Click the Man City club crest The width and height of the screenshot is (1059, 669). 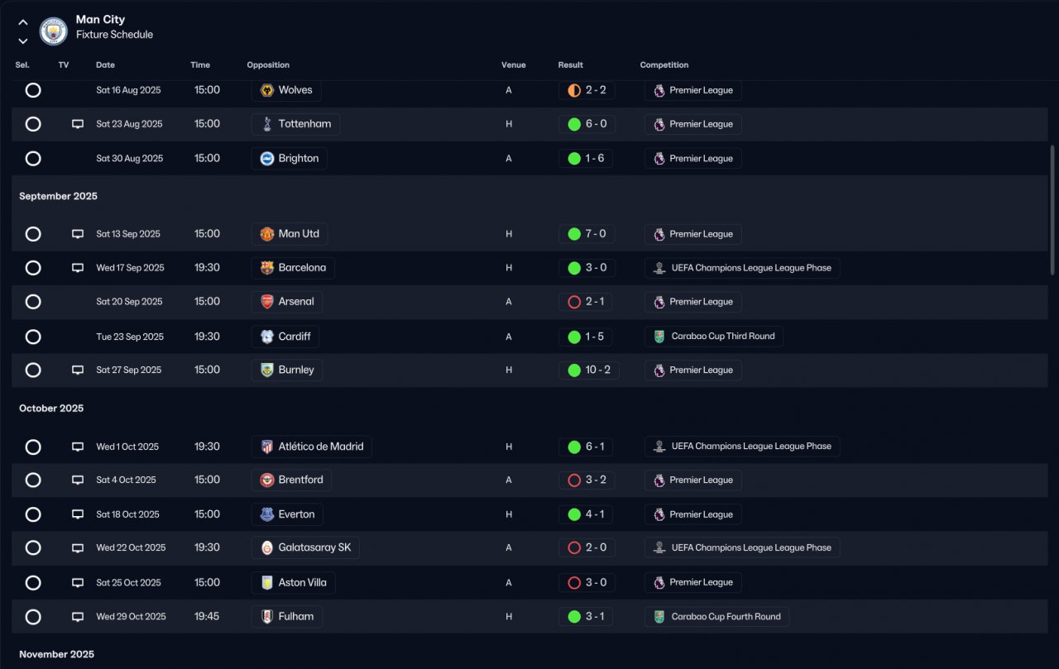(x=53, y=31)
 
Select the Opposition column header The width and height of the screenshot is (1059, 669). (x=268, y=65)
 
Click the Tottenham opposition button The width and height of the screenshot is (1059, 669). (x=295, y=124)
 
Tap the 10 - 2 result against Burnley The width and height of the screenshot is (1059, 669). (x=588, y=370)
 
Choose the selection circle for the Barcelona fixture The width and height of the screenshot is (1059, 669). (x=33, y=268)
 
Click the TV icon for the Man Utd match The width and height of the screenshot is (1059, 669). (x=78, y=234)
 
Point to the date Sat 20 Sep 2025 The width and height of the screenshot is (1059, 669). (x=129, y=302)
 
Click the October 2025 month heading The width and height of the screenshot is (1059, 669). (x=51, y=409)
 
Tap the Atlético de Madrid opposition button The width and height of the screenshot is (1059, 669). (x=311, y=447)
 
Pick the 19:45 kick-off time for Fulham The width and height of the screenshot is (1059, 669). (x=207, y=616)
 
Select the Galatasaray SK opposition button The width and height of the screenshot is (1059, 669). (x=305, y=547)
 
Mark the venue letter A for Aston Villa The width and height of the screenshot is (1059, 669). (x=509, y=582)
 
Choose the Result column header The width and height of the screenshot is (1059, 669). (x=570, y=65)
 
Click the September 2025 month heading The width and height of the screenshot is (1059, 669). (x=58, y=196)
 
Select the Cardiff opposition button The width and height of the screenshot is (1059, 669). (x=285, y=337)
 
